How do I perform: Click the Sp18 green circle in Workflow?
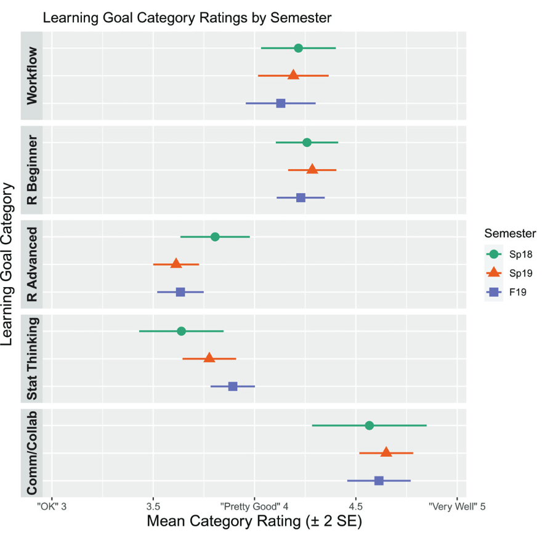298,48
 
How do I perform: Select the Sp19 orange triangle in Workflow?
293,75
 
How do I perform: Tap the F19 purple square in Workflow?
281,103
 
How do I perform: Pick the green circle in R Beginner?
307,143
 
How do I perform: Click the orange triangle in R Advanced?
176,264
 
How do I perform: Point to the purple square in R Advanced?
180,292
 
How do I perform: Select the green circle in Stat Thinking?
181,331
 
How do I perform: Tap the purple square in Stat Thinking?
233,387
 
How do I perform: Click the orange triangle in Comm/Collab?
386,452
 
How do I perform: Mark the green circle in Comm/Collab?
369,425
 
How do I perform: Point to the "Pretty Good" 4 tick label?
254,506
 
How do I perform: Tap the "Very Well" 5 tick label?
457,506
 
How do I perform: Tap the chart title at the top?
187,17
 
